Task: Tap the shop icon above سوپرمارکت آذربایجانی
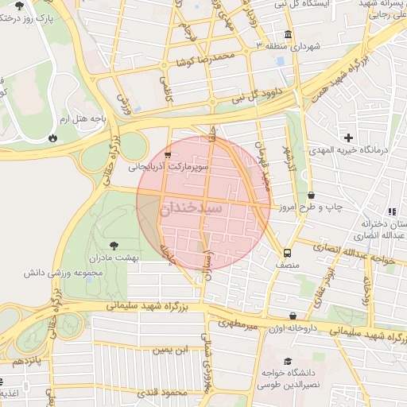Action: [x=168, y=154]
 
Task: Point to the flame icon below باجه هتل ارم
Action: [x=53, y=138]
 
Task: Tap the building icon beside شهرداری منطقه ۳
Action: [x=287, y=36]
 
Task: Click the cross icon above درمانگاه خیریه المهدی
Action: [x=347, y=138]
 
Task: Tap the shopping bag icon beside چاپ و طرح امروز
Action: [x=311, y=195]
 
